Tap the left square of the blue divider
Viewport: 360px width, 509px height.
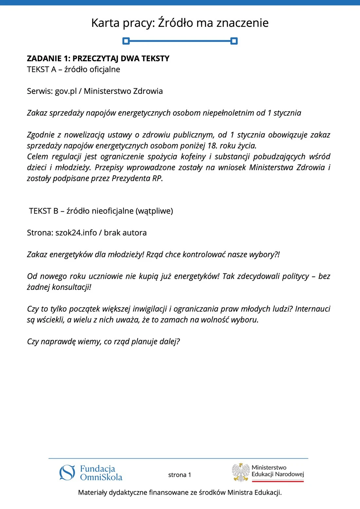(126, 41)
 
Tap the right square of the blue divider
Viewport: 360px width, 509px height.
(234, 41)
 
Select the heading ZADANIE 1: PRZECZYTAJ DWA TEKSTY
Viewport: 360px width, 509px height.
(98, 59)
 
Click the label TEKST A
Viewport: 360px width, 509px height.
(42, 69)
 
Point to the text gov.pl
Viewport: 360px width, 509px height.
(66, 91)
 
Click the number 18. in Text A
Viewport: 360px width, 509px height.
(212, 146)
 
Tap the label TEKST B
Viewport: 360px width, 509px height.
(44, 211)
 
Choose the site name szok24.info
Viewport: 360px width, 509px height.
(76, 233)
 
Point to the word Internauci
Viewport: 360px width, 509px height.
(313, 309)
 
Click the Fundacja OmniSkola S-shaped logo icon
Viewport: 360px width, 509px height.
(67, 473)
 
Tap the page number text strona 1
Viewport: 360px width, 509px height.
(180, 475)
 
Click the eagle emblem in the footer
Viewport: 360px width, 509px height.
(241, 472)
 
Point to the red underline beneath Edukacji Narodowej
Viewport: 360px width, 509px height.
(278, 481)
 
